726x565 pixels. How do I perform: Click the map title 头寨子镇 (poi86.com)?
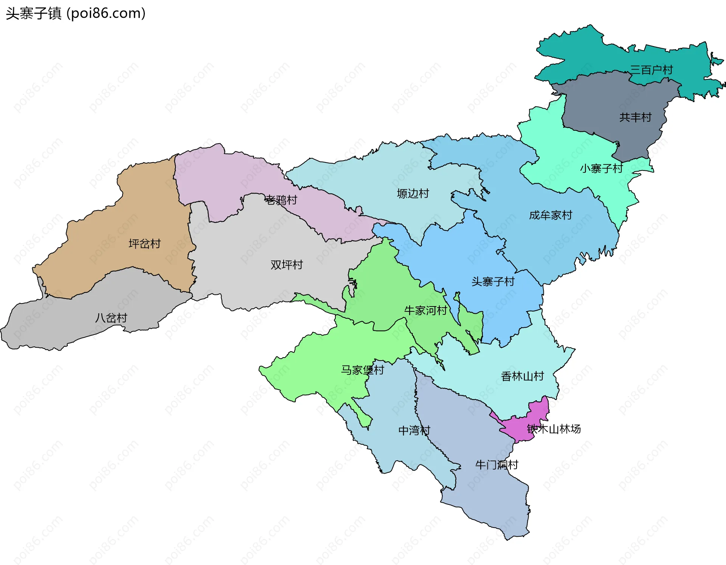(76, 14)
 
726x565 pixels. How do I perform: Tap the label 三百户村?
(651, 70)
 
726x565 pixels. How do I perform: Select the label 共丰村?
(635, 118)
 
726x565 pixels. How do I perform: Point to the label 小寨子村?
(601, 169)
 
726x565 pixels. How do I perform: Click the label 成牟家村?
(551, 215)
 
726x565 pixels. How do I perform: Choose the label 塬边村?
(413, 193)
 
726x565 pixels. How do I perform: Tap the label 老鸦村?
(281, 200)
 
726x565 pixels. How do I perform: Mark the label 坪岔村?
(144, 244)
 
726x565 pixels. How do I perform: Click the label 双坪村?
(287, 265)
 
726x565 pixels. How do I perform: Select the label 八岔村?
(111, 318)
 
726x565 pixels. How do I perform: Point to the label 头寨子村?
(493, 282)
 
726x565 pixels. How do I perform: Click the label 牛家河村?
(425, 311)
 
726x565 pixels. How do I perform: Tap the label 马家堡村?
(362, 370)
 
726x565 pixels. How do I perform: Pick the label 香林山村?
(522, 376)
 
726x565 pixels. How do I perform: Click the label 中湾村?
(414, 430)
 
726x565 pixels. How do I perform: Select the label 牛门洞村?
(496, 465)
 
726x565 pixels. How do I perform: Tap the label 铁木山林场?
(554, 429)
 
